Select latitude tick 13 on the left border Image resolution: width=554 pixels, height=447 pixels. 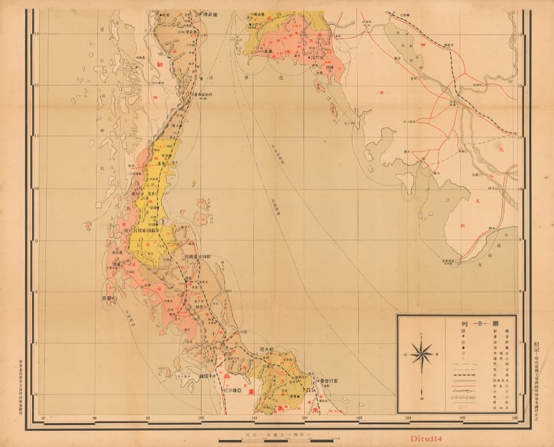click(36, 34)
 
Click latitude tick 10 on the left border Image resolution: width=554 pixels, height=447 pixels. click(36, 189)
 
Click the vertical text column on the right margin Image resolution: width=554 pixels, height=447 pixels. click(536, 368)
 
